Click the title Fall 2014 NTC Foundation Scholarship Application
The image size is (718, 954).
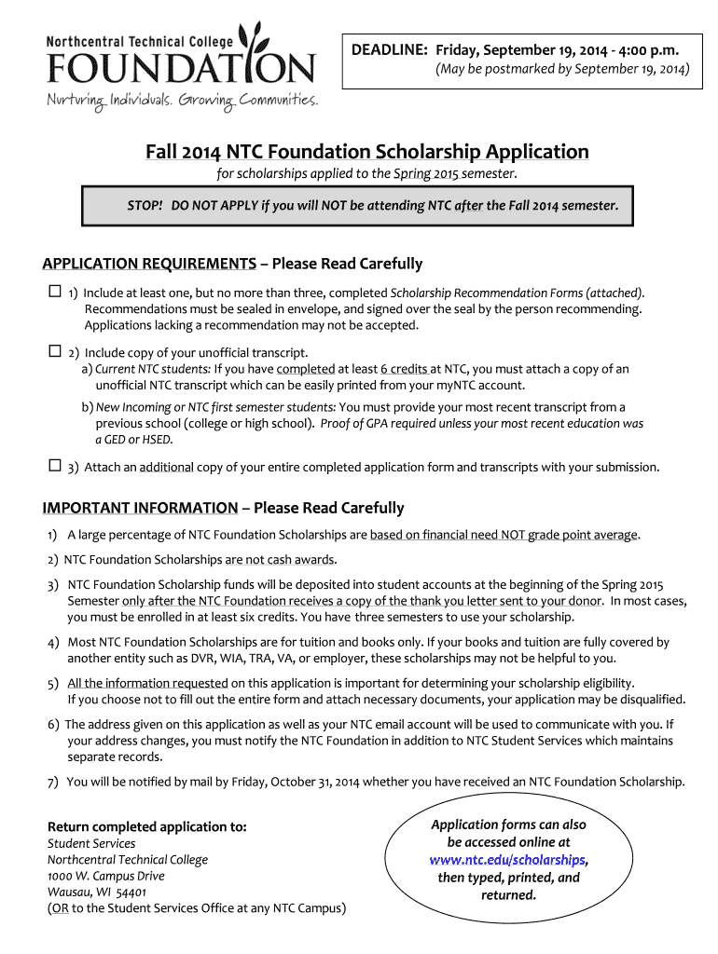point(366,152)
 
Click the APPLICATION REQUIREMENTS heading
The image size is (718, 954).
point(149,264)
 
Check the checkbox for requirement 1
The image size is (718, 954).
point(54,291)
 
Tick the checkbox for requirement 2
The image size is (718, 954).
point(54,352)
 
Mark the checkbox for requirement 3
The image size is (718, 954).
point(54,466)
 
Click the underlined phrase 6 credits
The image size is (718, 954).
point(404,369)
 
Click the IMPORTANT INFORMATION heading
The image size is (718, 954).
point(140,508)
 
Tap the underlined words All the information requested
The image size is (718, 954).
point(147,683)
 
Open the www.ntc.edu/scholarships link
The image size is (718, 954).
point(508,859)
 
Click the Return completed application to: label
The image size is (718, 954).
point(147,826)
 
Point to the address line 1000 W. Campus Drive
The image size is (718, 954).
point(105,876)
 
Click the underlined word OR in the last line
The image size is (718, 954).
point(58,908)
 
